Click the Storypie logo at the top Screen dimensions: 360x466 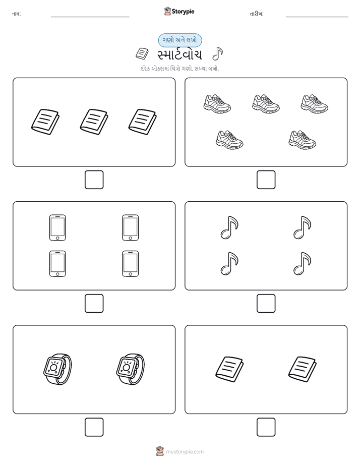coord(179,11)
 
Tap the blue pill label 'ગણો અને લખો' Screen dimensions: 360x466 coord(179,40)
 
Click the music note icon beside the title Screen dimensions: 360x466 coord(217,54)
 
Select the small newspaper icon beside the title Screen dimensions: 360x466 coord(142,53)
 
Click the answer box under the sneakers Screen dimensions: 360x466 coord(266,180)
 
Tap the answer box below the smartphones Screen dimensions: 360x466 coord(94,304)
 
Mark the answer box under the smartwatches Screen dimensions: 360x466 coord(94,427)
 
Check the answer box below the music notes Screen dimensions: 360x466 coord(266,304)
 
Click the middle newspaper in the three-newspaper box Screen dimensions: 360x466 coord(94,122)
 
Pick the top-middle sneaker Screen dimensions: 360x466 coord(266,104)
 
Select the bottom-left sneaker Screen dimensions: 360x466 coord(229,140)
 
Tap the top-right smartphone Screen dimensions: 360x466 coord(131,227)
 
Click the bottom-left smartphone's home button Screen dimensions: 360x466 coord(57,274)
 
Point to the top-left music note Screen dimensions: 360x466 coord(229,227)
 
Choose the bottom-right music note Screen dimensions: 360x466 coord(302,264)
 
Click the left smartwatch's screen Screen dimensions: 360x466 coord(53,367)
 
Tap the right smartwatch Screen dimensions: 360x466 coord(131,369)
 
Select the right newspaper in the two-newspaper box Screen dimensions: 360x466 coord(302,369)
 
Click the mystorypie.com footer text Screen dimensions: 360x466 coord(185,452)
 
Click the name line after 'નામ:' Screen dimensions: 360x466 coord(90,17)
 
